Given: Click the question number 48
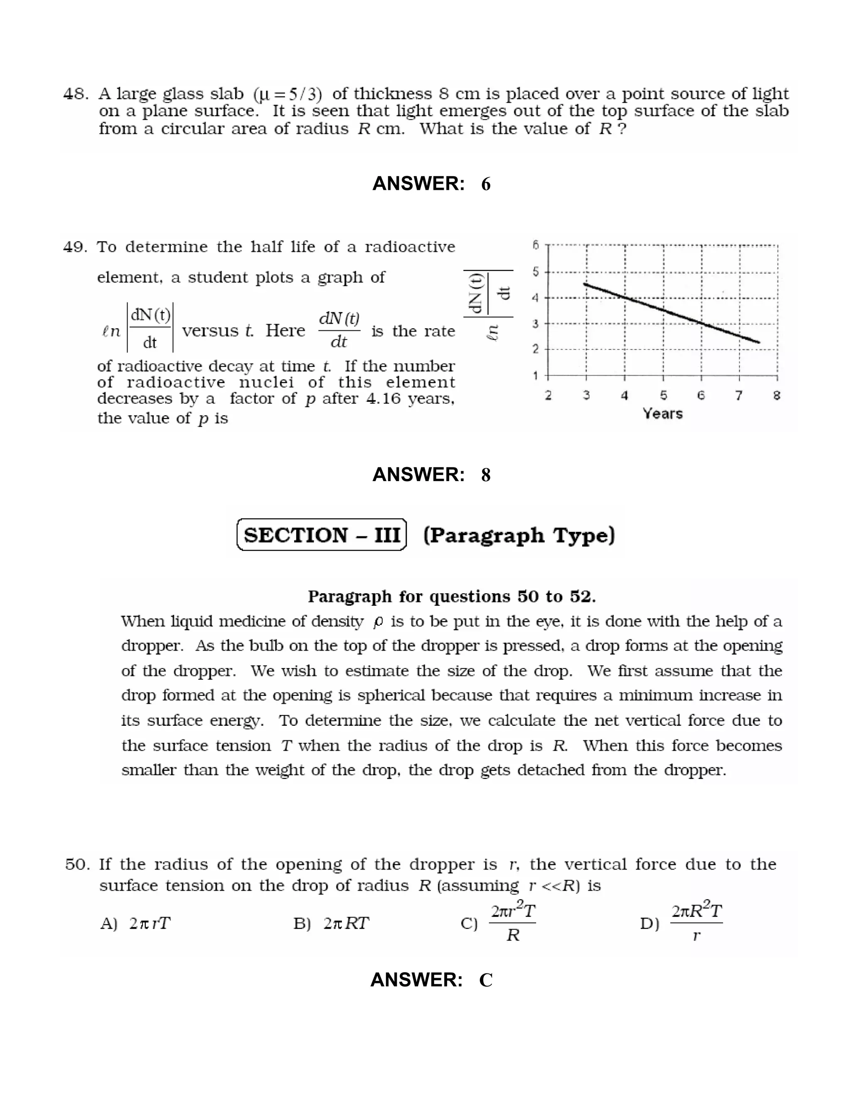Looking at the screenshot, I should [x=75, y=94].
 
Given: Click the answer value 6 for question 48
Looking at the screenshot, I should [x=485, y=184].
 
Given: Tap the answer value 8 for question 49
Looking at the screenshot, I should [x=485, y=475].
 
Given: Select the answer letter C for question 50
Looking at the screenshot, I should [x=485, y=980].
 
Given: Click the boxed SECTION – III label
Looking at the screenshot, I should [x=322, y=535].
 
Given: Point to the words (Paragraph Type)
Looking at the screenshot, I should [x=519, y=535].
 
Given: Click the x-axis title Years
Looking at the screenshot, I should [x=662, y=414].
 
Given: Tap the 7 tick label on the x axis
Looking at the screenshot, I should [x=738, y=396].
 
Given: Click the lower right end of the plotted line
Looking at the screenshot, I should [x=759, y=342].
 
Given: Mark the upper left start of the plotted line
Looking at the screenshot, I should [x=584, y=284].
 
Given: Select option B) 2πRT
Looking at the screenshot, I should [x=332, y=924].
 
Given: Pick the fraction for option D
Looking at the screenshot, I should [x=696, y=923].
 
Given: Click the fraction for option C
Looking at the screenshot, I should [x=513, y=923].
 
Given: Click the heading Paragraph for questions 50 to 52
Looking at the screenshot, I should [x=452, y=597].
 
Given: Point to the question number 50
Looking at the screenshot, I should [x=77, y=864].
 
